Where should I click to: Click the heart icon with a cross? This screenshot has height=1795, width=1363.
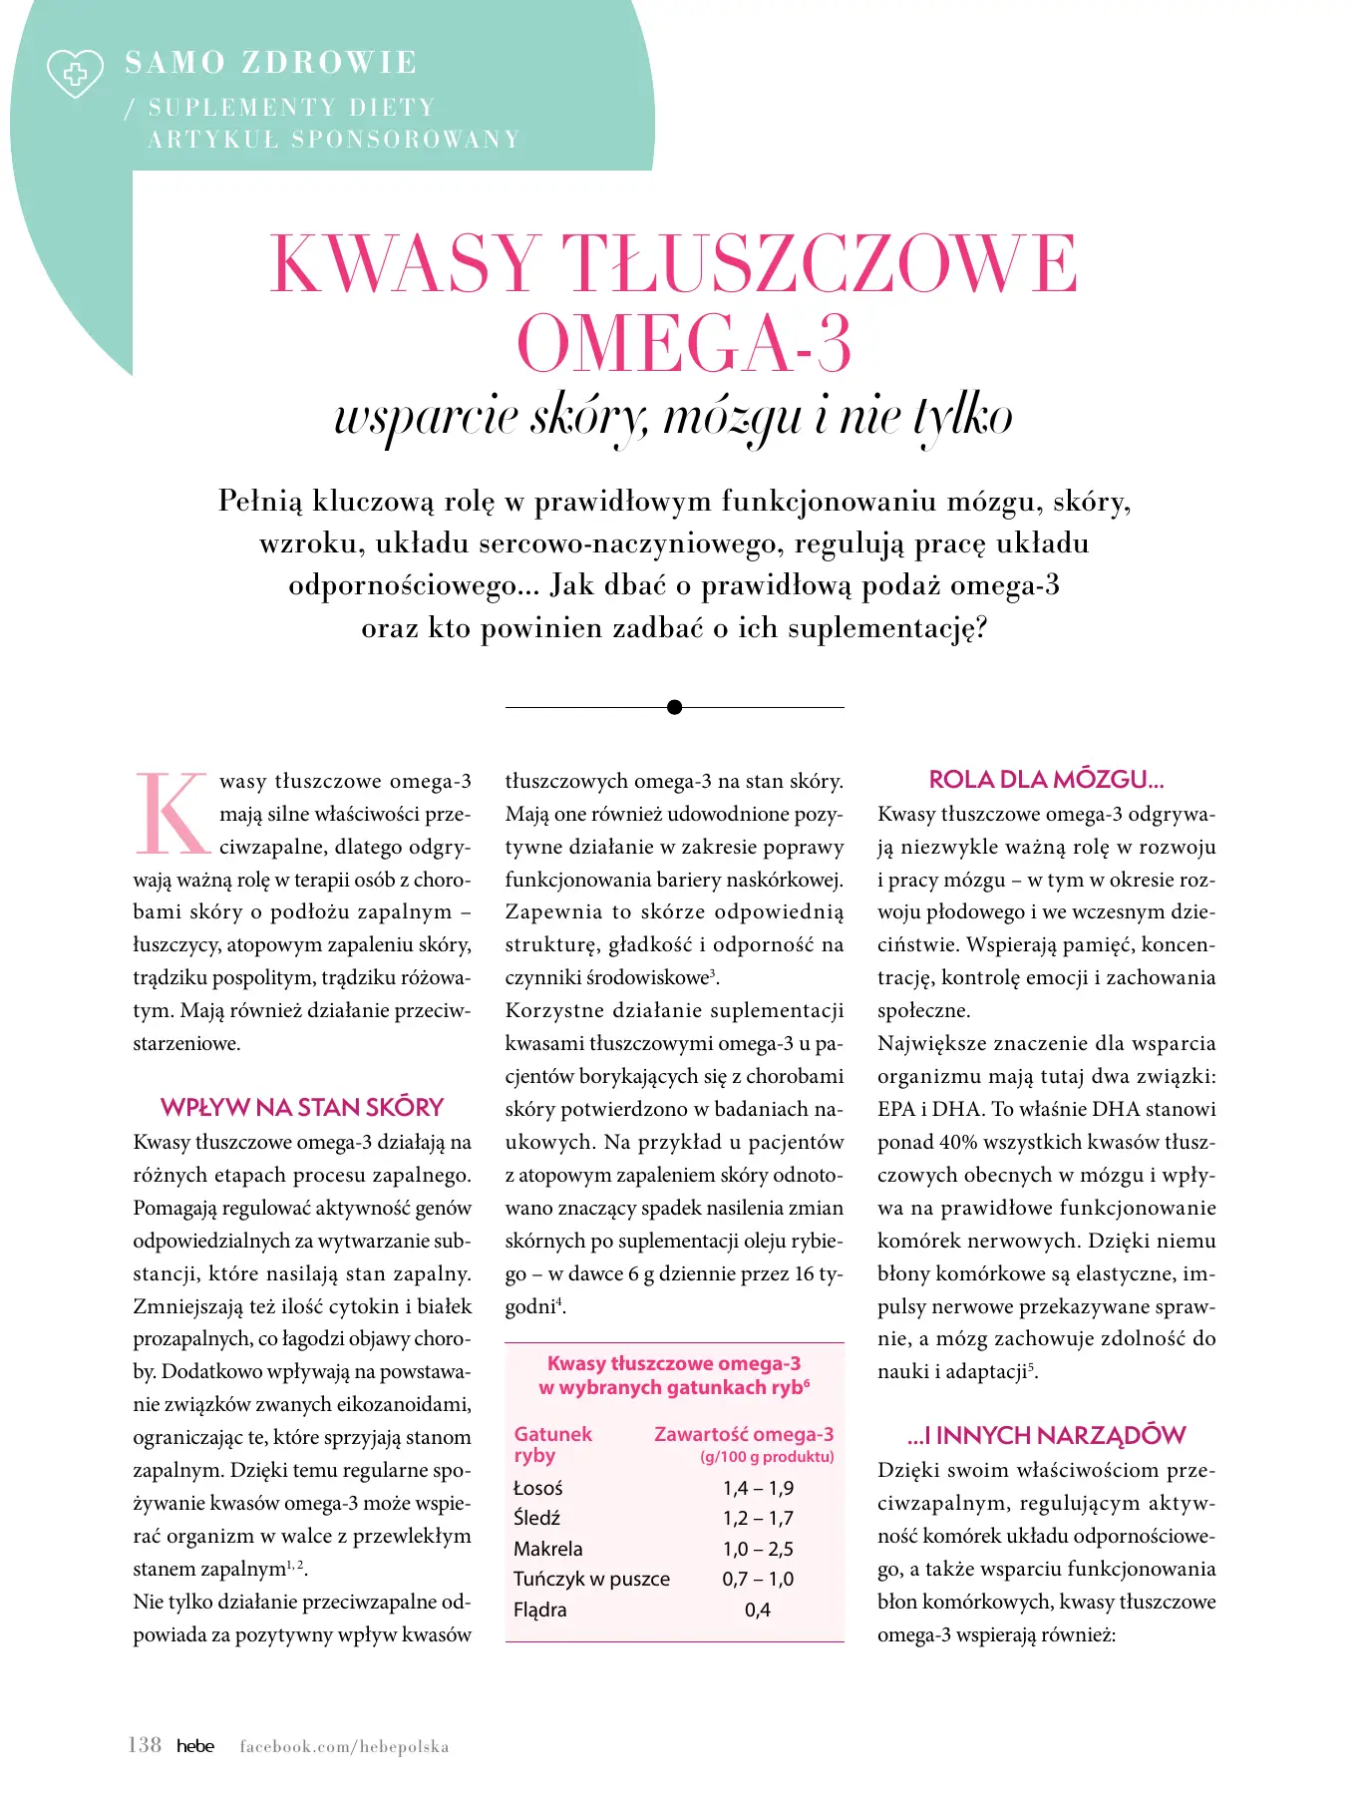75,73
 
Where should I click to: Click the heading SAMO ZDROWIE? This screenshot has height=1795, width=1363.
270,62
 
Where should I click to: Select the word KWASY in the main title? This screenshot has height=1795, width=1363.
404,264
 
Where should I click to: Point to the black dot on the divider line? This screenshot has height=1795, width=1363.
674,707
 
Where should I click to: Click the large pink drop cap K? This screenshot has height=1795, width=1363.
171,814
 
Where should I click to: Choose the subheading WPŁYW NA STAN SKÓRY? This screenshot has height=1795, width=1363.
302,1108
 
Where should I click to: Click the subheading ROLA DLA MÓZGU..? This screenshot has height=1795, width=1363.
1046,780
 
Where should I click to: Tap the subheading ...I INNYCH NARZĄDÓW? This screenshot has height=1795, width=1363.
1046,1436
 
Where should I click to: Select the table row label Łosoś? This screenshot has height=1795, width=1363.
538,1488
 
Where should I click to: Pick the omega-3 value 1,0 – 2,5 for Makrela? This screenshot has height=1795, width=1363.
758,1549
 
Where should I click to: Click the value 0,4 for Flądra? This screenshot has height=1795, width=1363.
758,1610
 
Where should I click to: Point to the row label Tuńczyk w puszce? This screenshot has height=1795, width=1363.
591,1579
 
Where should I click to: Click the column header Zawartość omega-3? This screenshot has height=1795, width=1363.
744,1434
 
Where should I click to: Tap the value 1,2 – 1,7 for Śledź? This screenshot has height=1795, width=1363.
758,1518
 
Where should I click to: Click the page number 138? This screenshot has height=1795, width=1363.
145,1745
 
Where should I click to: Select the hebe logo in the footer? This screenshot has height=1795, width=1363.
195,1746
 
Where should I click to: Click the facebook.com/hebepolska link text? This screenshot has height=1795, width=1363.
344,1746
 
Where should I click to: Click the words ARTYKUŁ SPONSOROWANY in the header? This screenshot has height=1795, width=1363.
334,139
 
